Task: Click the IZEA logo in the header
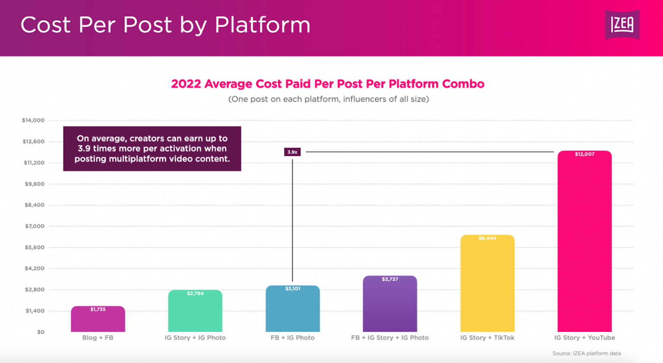pyautogui.click(x=622, y=25)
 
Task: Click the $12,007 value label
pyautogui.click(x=584, y=154)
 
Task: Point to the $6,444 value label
pyautogui.click(x=487, y=238)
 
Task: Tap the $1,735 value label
pyautogui.click(x=98, y=310)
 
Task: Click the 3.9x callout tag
pyautogui.click(x=292, y=152)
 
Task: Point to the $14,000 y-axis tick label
pyautogui.click(x=33, y=120)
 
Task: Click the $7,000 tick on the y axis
pyautogui.click(x=35, y=226)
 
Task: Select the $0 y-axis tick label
pyautogui.click(x=41, y=332)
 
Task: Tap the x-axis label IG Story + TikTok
pyautogui.click(x=487, y=338)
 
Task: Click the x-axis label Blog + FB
pyautogui.click(x=98, y=338)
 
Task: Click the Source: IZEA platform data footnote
pyautogui.click(x=587, y=354)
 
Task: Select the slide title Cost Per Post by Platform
pyautogui.click(x=165, y=25)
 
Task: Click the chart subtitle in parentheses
pyautogui.click(x=328, y=99)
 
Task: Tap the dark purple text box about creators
pyautogui.click(x=152, y=149)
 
